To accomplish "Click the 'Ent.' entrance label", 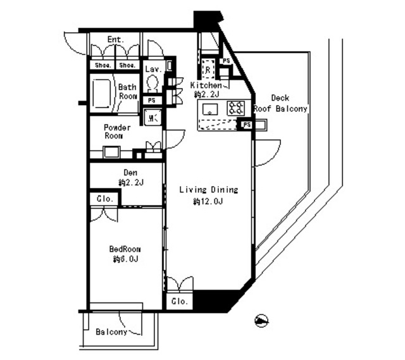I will [x=115, y=40].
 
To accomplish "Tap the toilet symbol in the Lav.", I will [x=152, y=83].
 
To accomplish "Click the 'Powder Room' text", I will [x=117, y=132].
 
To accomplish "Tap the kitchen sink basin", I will [x=209, y=109].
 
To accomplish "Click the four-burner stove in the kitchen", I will [x=235, y=108].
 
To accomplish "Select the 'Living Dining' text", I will [x=208, y=189].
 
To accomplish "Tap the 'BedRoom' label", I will [x=124, y=249].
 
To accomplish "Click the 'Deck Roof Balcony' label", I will [x=280, y=103].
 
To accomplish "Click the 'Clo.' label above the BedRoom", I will [x=105, y=199].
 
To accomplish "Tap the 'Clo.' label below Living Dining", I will [x=179, y=302].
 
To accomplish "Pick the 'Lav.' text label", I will [x=153, y=68].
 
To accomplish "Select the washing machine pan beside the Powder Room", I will [x=152, y=117].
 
